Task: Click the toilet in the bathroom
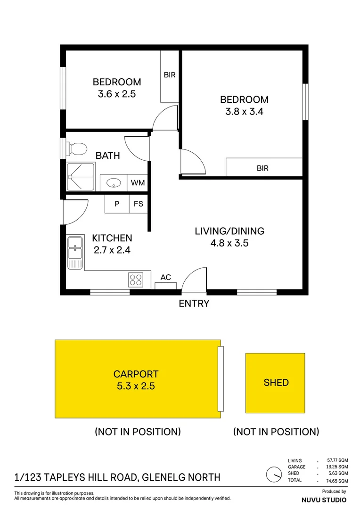coord(77,149)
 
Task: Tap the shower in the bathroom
coord(80,177)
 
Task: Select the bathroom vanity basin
coord(114,182)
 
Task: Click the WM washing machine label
coord(138,182)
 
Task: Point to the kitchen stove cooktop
coord(135,280)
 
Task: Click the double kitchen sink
coord(75,253)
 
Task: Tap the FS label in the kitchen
coord(139,205)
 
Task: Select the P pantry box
coord(117,205)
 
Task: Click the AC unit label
coord(165,277)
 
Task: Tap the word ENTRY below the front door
coord(194,304)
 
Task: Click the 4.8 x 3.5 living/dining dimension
coord(229,244)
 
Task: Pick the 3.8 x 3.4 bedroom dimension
coord(244,112)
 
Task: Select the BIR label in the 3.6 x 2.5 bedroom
coord(170,75)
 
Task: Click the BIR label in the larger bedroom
coord(262,168)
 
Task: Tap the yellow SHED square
coord(276,383)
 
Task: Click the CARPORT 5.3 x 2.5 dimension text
coord(136,387)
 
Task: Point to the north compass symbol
coord(272,474)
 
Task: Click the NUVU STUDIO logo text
coord(323,500)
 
